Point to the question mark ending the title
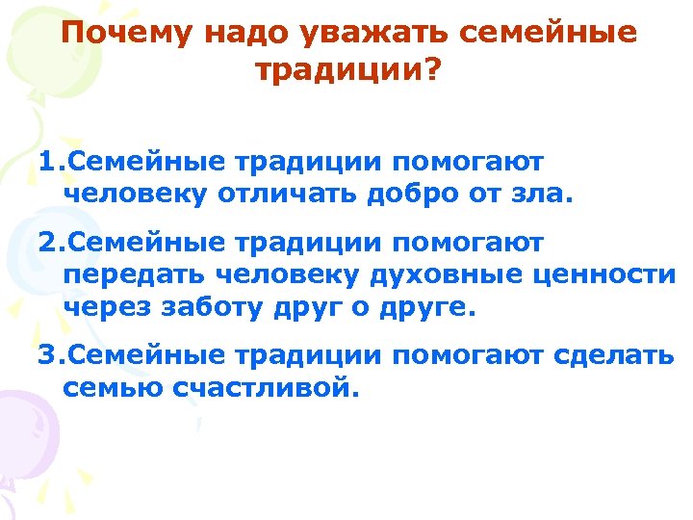point(428,69)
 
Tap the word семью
point(103,389)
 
